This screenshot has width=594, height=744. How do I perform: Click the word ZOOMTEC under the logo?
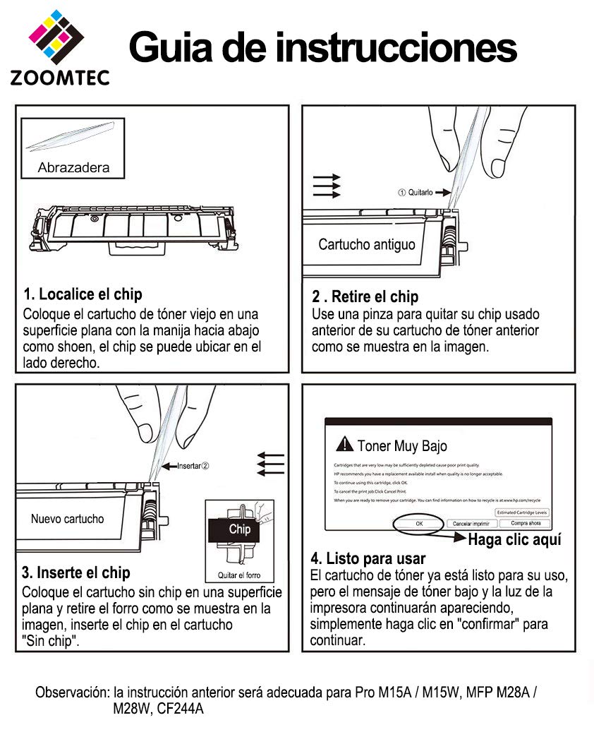[59, 77]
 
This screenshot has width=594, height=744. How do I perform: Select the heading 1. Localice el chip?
[83, 294]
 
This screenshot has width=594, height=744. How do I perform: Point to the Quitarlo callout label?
[417, 192]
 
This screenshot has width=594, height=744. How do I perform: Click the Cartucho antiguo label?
[366, 245]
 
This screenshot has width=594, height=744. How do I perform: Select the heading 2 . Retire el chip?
[365, 296]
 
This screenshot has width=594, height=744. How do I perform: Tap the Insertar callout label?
[193, 466]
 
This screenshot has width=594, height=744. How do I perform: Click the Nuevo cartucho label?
[67, 519]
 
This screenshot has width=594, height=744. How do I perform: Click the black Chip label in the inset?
[239, 529]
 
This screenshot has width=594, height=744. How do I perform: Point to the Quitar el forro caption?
[239, 575]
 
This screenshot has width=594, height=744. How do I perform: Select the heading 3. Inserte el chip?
[76, 572]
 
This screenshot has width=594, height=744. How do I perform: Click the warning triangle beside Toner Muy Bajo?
[344, 444]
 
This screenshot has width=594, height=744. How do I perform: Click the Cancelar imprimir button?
[472, 524]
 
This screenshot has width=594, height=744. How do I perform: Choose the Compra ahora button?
[526, 523]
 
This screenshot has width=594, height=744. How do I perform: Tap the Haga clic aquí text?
[515, 540]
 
